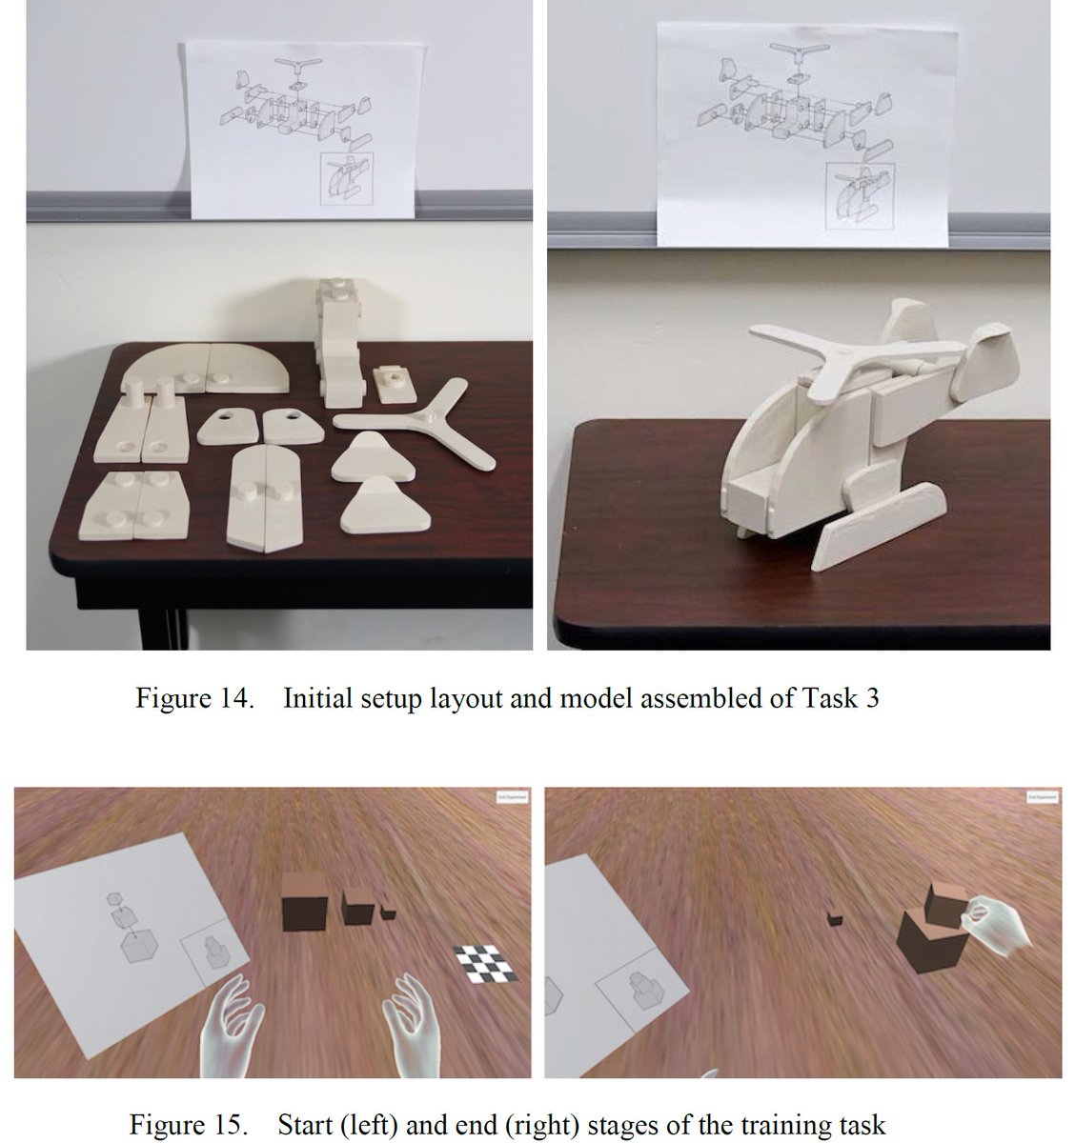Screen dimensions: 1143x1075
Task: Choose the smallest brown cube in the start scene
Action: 388,911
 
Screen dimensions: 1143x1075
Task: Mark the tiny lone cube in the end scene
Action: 835,918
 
